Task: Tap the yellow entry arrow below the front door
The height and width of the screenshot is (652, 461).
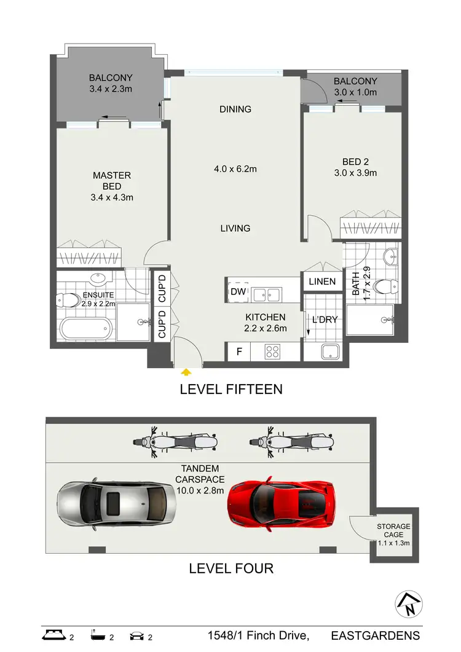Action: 186,371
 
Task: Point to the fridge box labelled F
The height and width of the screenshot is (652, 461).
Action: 238,352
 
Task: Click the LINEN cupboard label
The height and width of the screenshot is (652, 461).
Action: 322,281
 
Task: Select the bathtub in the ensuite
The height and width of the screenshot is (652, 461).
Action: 86,326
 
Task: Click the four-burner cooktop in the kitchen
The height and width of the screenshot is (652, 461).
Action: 273,352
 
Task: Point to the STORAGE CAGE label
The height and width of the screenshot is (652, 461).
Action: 394,531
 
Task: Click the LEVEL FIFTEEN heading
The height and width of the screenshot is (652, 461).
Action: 230,389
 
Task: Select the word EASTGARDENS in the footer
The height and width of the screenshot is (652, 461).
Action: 375,635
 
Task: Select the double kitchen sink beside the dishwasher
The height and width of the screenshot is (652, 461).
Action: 267,294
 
